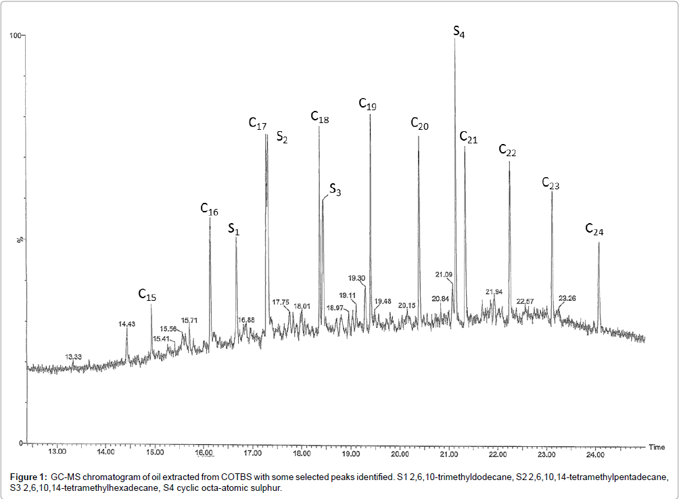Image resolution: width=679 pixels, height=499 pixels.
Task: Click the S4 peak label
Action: coord(459,32)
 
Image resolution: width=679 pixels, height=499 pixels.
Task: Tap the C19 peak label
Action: coord(367,105)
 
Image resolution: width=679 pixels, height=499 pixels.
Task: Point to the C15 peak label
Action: coord(147,295)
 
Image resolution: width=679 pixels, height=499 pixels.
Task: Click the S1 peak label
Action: coord(234,230)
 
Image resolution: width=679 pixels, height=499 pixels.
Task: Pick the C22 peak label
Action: coord(507,151)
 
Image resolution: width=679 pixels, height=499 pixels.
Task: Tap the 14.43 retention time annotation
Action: coord(126,325)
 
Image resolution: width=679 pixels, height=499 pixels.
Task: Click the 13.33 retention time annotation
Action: coord(73,356)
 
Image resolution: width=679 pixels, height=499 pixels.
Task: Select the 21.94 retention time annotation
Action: coord(494,292)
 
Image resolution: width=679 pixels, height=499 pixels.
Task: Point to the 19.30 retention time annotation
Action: coord(357,278)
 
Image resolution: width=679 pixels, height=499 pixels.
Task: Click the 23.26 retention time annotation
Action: coord(567,298)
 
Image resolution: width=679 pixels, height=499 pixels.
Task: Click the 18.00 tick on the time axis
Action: coord(302,451)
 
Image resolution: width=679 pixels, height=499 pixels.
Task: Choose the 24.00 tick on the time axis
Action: coord(595,451)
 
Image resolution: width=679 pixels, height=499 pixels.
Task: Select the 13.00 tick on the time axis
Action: coord(57,451)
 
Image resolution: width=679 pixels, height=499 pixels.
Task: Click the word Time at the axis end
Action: coord(657,447)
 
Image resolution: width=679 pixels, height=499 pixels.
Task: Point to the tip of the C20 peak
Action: coord(419,136)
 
